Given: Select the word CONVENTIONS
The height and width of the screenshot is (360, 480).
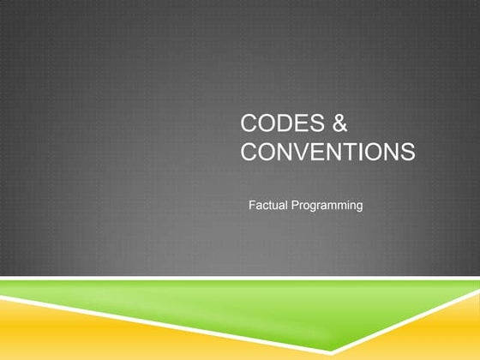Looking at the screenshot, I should [328, 153].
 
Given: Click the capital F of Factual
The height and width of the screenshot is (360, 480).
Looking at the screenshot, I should [251, 206].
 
